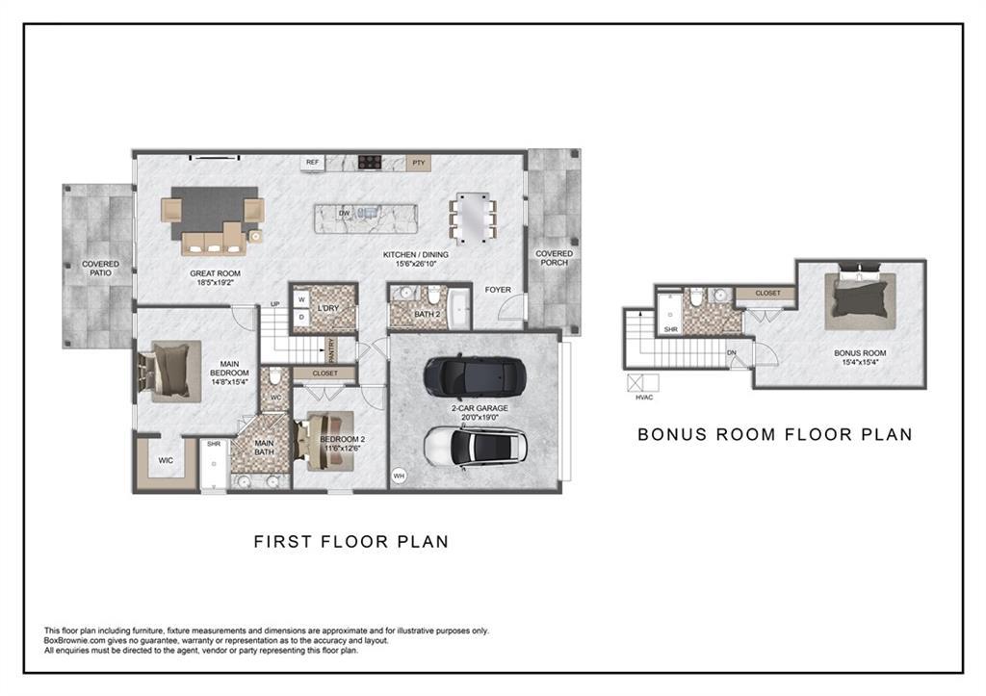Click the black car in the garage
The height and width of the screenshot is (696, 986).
pos(474,378)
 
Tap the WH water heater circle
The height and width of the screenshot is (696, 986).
pos(399,476)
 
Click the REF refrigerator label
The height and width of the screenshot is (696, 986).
pos(313,163)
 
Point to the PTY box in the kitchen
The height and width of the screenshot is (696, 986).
pos(419,163)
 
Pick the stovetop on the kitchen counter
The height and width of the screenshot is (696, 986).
pos(370,162)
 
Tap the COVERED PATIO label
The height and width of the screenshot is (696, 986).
pos(100,269)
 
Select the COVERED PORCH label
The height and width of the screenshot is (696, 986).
pos(554,258)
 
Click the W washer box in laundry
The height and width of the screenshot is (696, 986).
pos(301,299)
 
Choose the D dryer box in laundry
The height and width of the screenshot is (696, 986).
pos(301,317)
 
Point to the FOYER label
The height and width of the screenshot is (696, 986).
pos(498,289)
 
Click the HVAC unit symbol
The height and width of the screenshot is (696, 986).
pos(642,382)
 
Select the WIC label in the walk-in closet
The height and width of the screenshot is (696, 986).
pos(166,460)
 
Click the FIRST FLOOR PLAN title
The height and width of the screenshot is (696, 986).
pos(350,541)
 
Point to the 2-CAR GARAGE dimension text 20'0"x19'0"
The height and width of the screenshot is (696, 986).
pos(480,417)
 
